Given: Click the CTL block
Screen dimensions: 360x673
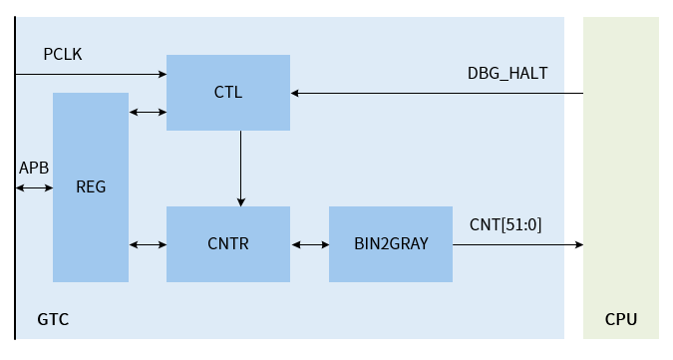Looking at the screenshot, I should click(x=228, y=93).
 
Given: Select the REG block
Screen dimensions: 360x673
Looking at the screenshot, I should click(x=91, y=187).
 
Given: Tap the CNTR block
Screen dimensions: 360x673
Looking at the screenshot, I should click(x=228, y=243).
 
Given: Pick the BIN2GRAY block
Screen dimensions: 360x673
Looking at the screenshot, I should click(x=390, y=243).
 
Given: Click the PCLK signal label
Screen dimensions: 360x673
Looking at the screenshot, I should click(x=63, y=53).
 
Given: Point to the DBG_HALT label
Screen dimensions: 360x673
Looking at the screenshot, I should click(x=507, y=73).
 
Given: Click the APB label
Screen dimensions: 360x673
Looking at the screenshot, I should click(x=34, y=168).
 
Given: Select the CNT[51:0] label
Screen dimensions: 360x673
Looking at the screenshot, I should click(x=505, y=224).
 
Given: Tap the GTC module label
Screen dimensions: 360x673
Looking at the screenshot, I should click(x=53, y=319).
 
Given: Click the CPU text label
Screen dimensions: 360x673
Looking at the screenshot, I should click(x=620, y=319).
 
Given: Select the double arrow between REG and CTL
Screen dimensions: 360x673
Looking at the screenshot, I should click(x=148, y=112).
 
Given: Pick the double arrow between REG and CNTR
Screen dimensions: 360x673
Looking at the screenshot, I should click(x=148, y=244).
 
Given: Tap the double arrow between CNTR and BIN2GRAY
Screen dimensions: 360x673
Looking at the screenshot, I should click(x=309, y=244).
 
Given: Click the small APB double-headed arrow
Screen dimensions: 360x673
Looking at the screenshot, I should click(x=34, y=187).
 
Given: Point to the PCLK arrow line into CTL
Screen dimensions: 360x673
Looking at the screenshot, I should click(x=90, y=74).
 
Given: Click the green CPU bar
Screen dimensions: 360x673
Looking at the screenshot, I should click(x=620, y=180).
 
